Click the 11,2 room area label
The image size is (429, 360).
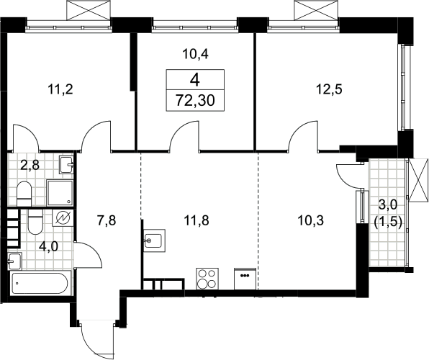coord(60,89)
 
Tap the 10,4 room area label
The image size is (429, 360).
coord(196,54)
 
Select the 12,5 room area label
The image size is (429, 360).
coord(329,89)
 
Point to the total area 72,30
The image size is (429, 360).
coord(195,101)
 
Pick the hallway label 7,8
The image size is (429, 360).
coord(107,220)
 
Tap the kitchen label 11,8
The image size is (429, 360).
coord(197,220)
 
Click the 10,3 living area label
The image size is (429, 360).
coord(311,220)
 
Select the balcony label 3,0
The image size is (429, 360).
coord(387,204)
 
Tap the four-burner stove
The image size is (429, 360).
coord(207,279)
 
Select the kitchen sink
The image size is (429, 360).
coord(155,240)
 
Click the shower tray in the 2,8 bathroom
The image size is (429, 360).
coord(60,192)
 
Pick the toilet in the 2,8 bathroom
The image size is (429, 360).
coord(24,194)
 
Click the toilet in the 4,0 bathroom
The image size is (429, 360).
coord(35,222)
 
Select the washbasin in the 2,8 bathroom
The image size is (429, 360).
coord(66,165)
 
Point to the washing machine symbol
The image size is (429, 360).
coord(63,218)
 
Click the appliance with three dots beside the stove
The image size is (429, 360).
coord(245,279)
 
